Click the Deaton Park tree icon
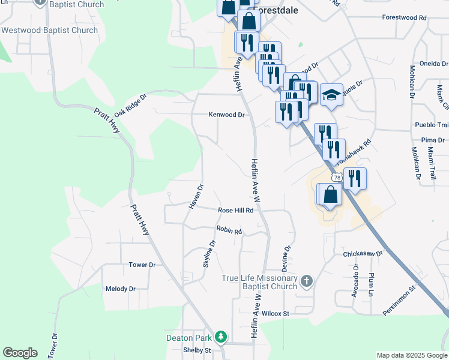[221, 337]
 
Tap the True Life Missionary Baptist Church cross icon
[306, 281]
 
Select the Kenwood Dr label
[227, 115]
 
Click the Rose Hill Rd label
[236, 211]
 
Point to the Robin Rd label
[229, 230]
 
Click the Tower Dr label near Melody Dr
[142, 265]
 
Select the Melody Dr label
[120, 289]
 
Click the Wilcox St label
[276, 313]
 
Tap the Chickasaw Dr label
[363, 254]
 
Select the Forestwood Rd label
[403, 17]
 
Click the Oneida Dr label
[434, 64]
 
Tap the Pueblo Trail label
[432, 125]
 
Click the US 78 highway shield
[336, 176]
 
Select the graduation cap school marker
[331, 95]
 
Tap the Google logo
[20, 353]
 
